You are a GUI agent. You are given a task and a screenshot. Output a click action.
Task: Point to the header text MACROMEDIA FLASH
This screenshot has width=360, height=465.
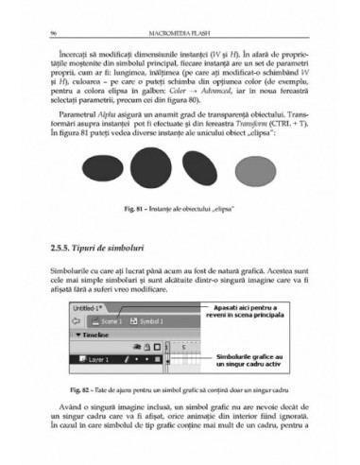coord(180,34)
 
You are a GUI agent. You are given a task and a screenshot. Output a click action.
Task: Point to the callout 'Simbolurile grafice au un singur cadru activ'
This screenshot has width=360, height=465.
coord(251,359)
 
